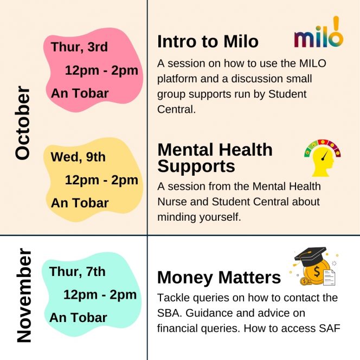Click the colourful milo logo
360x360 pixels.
coord(319,32)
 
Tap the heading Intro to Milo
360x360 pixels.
coord(208,42)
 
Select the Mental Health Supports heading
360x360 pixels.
coord(215,157)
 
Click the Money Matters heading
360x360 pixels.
coord(219,278)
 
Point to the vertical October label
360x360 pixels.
coord(23,123)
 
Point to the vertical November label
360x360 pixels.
coord(24,295)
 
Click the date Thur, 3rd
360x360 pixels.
coord(79,47)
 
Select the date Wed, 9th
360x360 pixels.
coord(78,157)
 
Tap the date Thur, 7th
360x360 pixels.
coord(77,272)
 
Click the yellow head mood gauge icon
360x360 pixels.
coord(323,158)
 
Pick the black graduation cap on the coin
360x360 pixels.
coord(311,256)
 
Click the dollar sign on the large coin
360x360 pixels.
coord(317,272)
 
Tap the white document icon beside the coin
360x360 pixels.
coord(329,278)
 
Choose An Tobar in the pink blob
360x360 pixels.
coord(80,93)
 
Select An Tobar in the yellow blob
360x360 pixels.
coord(80,203)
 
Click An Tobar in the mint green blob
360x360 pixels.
coord(78,318)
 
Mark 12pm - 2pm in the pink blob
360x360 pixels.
coord(101,70)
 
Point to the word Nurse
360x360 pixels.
coord(172,202)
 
